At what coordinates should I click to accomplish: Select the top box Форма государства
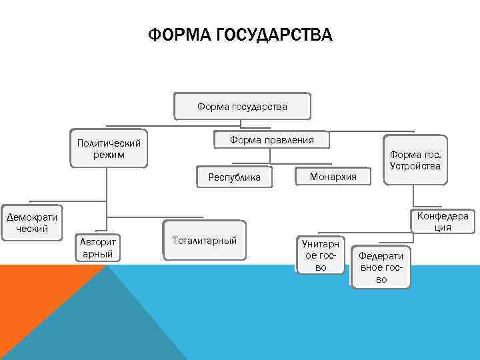click(x=242, y=106)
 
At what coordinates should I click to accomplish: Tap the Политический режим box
click(x=109, y=149)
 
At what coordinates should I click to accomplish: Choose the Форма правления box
click(x=271, y=140)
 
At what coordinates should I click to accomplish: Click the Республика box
click(x=234, y=177)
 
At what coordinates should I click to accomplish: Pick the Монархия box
click(x=333, y=176)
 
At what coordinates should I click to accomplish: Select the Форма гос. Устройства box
click(x=415, y=160)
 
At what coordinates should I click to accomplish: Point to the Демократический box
click(x=31, y=222)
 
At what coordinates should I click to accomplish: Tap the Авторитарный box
click(x=97, y=247)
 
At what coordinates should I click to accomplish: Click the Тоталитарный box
click(x=204, y=240)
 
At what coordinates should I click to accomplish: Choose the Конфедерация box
click(x=442, y=221)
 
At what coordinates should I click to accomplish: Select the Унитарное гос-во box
click(x=321, y=255)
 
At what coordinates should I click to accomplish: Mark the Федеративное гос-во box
click(x=381, y=267)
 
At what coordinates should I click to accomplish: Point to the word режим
click(x=109, y=155)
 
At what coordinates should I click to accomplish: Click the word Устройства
click(x=415, y=166)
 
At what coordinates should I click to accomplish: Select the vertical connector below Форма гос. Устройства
click(x=413, y=195)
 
